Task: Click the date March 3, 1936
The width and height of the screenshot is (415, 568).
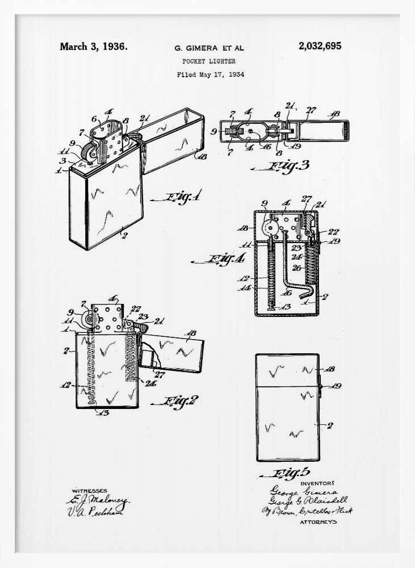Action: [93, 47]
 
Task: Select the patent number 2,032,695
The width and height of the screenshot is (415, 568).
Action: [320, 47]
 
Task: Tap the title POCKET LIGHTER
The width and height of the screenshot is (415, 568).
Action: [209, 61]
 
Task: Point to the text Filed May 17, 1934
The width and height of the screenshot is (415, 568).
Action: [210, 74]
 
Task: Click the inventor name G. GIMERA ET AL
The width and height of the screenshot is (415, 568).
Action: [209, 48]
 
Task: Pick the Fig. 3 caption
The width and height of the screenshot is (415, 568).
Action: [289, 166]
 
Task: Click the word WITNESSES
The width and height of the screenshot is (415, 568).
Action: [89, 490]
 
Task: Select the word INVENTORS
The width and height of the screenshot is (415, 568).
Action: [317, 483]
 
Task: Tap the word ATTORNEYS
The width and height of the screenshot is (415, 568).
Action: [318, 521]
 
